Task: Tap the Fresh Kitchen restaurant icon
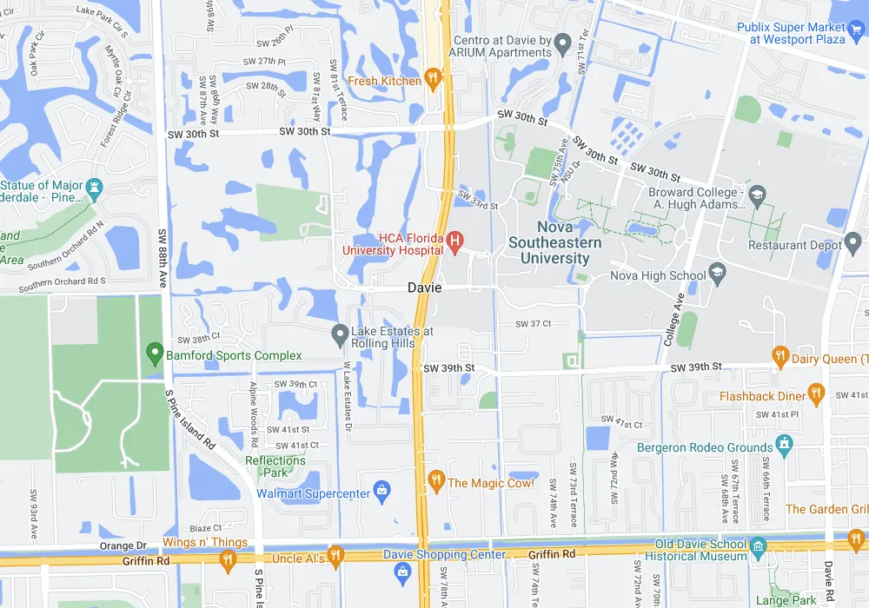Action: pos(434,81)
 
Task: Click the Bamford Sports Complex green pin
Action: pos(155,354)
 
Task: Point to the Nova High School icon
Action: pos(718,275)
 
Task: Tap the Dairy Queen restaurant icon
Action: pos(780,357)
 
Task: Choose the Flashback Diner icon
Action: pos(815,395)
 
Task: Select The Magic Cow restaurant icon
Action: pos(435,481)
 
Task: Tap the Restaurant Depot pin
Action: pos(852,245)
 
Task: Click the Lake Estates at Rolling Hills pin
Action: pos(340,334)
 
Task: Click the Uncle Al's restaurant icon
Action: pos(336,558)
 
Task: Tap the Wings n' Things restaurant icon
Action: pos(228,559)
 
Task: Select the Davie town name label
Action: pos(425,287)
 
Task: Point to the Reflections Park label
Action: pos(275,466)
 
